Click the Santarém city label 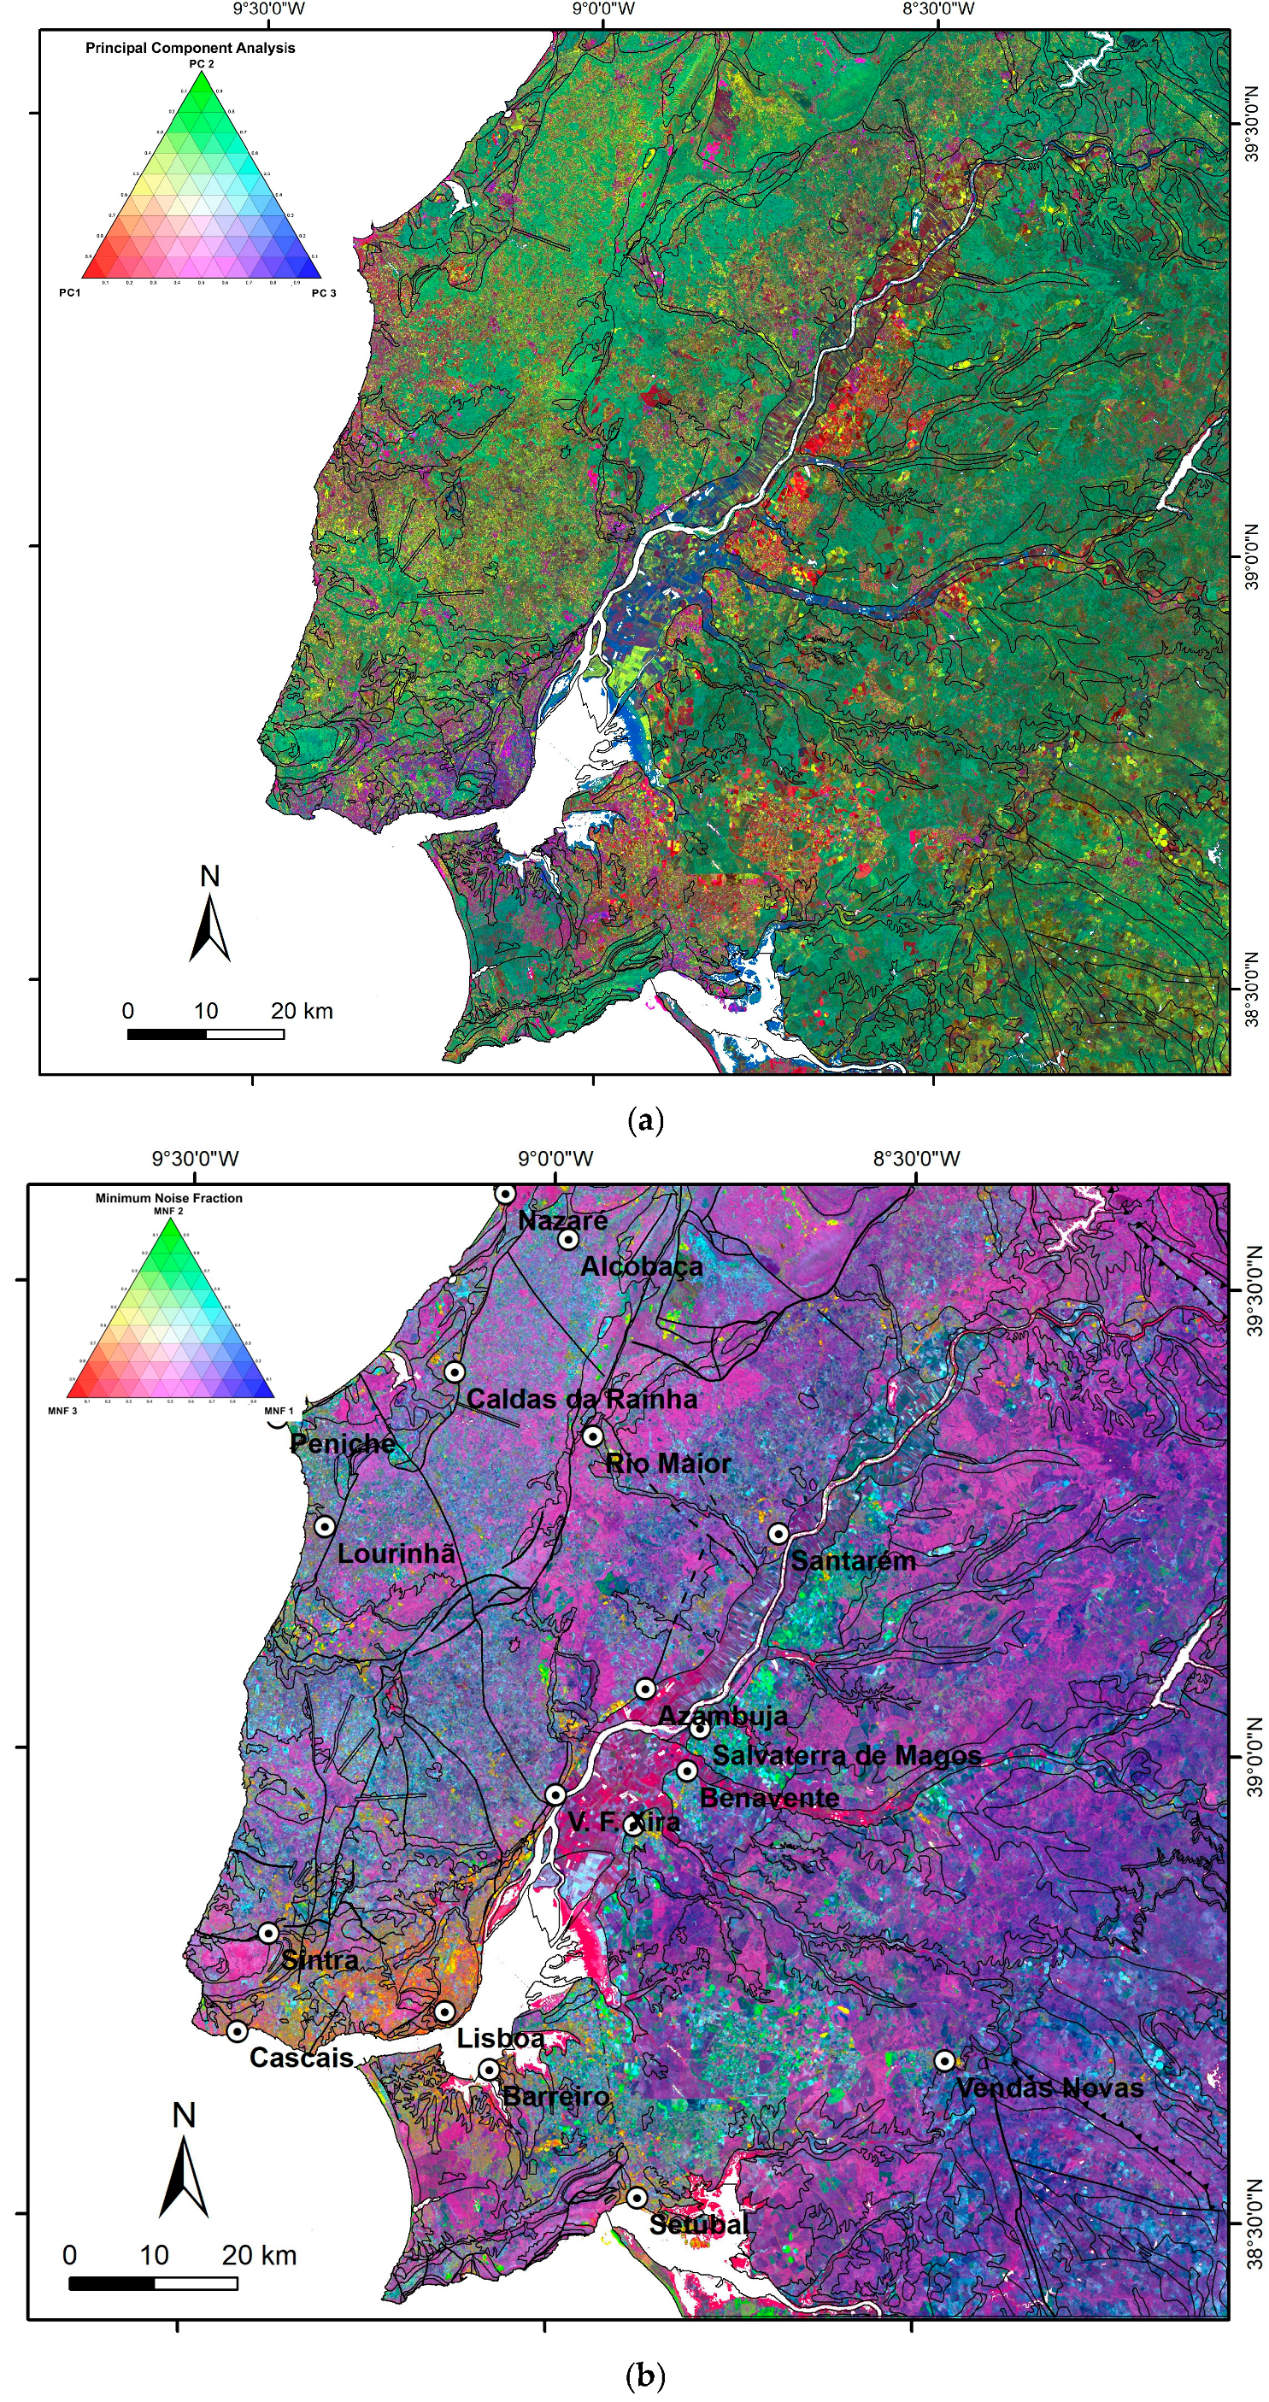[x=853, y=1560]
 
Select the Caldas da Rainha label [x=582, y=1399]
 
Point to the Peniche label [x=342, y=1443]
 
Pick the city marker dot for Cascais [x=238, y=2031]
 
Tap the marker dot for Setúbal [x=637, y=2198]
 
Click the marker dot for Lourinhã [x=325, y=1526]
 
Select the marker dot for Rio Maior [x=592, y=1435]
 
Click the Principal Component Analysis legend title [x=191, y=48]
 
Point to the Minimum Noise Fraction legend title [x=168, y=1198]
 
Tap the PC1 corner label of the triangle [x=70, y=293]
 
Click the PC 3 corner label [x=324, y=293]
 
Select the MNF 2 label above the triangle [x=168, y=1210]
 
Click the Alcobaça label [x=642, y=1266]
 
